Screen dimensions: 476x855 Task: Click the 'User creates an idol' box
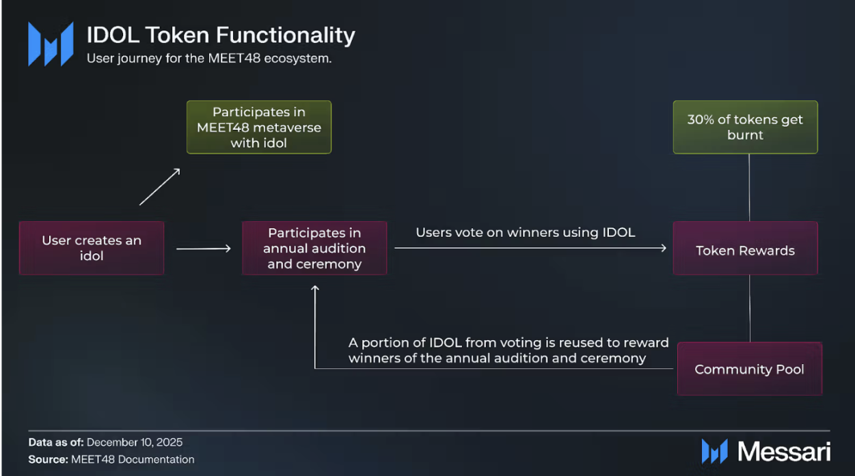tap(92, 248)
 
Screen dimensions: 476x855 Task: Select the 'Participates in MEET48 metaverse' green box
tap(259, 128)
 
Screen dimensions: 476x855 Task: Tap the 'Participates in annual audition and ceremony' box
tap(314, 248)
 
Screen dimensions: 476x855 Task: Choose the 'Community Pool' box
tap(749, 369)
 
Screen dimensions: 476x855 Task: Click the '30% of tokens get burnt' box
tap(745, 128)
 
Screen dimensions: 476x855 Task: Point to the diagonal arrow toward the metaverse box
tap(160, 186)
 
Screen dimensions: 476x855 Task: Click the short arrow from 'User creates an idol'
tap(204, 249)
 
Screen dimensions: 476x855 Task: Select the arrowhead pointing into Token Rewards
tap(662, 249)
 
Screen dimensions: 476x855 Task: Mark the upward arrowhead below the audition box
tap(315, 290)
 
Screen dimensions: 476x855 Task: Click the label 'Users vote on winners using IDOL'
tap(526, 233)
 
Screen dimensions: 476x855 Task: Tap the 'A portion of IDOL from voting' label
tap(508, 350)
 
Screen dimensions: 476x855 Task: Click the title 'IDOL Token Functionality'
tap(221, 35)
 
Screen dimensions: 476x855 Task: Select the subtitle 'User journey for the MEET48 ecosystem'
tap(209, 59)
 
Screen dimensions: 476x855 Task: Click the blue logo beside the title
tap(51, 44)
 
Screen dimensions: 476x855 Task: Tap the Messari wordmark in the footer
tap(783, 451)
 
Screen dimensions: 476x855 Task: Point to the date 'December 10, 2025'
tap(135, 443)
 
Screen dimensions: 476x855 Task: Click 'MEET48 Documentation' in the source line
tap(133, 460)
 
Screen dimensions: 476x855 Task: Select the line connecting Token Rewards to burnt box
tap(749, 187)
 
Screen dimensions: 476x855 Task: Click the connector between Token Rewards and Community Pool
tap(750, 308)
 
